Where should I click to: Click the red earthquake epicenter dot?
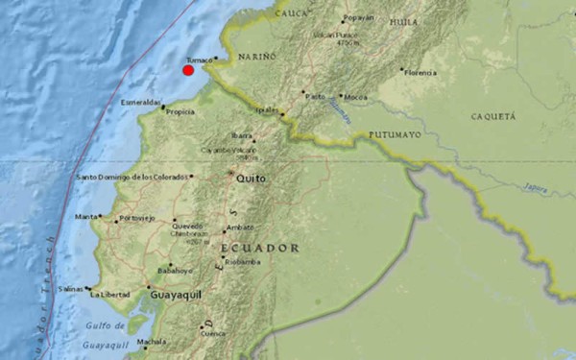(x=188, y=69)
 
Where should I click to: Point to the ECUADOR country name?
(x=259, y=248)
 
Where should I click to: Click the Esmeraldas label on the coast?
(x=141, y=102)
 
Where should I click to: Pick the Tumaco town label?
(x=199, y=59)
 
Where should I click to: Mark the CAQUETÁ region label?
(x=492, y=116)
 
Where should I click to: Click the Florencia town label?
(x=420, y=72)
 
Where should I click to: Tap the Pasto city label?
(x=314, y=96)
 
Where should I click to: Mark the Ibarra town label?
(x=241, y=135)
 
